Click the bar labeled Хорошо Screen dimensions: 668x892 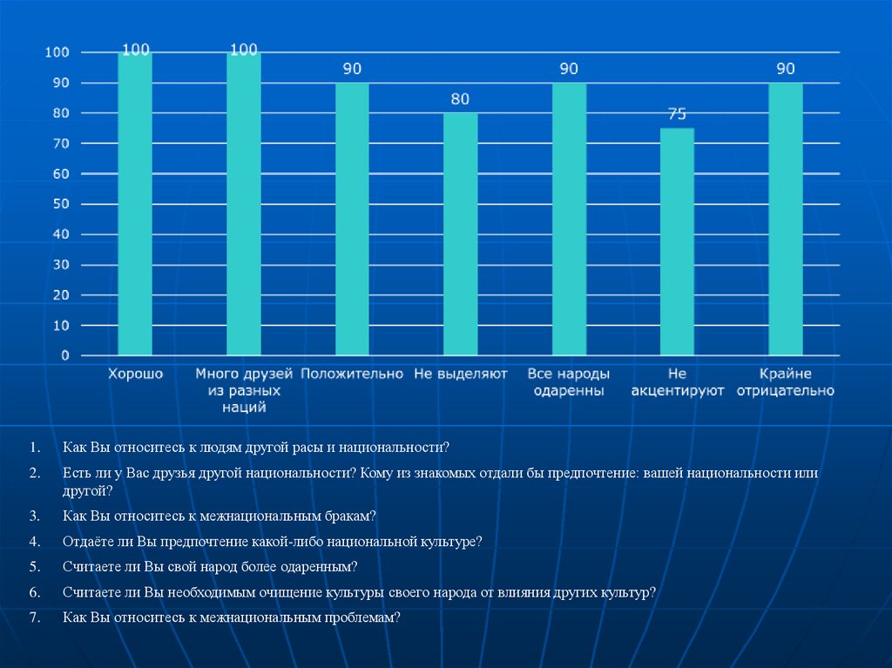tap(135, 205)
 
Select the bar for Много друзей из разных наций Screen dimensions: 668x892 tap(243, 205)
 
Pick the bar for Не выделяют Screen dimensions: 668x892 tap(460, 235)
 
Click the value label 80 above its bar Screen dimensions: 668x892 tap(460, 98)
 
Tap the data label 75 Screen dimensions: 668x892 tap(677, 114)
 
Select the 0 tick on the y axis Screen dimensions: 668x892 tap(64, 356)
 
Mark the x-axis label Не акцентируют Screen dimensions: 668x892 tap(678, 383)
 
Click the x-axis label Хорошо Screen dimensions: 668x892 tap(135, 374)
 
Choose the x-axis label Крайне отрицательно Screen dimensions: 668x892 tap(785, 383)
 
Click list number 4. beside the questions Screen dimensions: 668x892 tap(34, 542)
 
